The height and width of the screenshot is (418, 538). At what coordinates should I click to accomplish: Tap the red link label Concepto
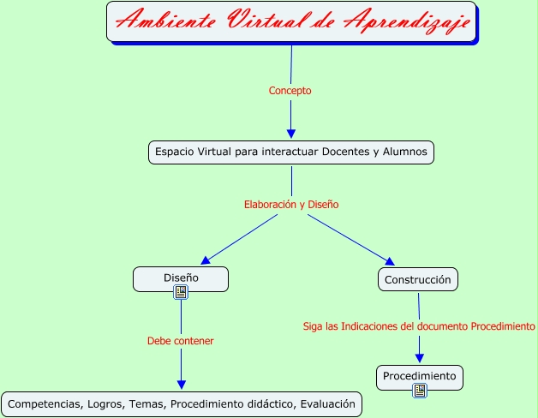(x=290, y=90)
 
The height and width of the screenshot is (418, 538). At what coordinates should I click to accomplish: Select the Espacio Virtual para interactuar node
(x=291, y=152)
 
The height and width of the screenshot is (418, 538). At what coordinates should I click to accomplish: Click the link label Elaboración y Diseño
(x=291, y=205)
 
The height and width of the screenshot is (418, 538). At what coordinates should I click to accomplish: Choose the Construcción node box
(x=418, y=279)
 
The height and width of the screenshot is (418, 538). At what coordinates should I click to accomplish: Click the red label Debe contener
(x=180, y=341)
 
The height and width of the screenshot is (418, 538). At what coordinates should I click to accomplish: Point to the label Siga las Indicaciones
(x=419, y=326)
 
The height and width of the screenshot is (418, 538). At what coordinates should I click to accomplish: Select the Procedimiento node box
(x=420, y=375)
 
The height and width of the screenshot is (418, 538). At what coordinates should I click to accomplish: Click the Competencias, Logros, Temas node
(x=181, y=403)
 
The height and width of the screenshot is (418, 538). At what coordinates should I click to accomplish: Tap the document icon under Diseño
(x=181, y=293)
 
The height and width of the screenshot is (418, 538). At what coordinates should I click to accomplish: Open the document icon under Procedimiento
(x=420, y=391)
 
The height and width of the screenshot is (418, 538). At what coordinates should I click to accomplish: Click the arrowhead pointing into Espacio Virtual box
(x=291, y=133)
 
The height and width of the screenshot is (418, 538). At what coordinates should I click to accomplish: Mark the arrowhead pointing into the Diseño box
(x=205, y=260)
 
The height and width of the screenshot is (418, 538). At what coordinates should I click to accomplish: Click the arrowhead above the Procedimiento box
(x=420, y=359)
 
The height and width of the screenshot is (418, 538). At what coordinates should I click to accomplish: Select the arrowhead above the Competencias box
(x=181, y=385)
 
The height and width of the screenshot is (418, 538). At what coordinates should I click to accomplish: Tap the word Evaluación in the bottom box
(x=326, y=403)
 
